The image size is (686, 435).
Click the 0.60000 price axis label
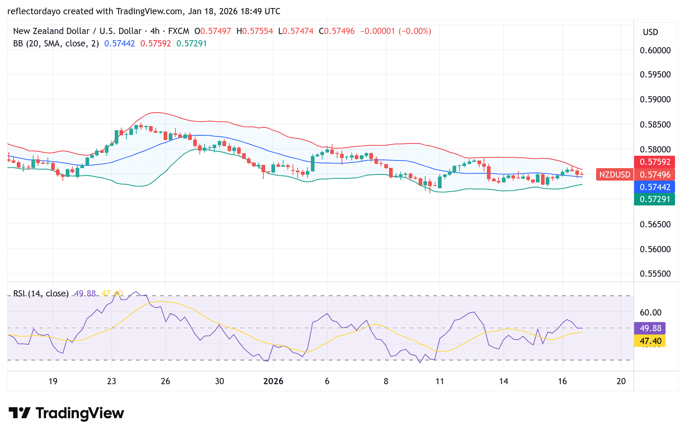pyautogui.click(x=655, y=50)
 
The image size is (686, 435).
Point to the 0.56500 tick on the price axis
pyautogui.click(x=655, y=224)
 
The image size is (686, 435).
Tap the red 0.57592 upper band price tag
pyautogui.click(x=655, y=162)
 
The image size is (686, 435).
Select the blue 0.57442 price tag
pyautogui.click(x=655, y=187)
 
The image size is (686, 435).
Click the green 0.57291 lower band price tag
pyautogui.click(x=655, y=199)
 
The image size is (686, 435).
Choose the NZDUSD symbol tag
pyautogui.click(x=614, y=175)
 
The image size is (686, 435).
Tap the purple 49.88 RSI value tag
pyautogui.click(x=650, y=328)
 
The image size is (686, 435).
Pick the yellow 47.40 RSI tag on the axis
pyautogui.click(x=650, y=341)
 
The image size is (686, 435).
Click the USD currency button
pyautogui.click(x=650, y=32)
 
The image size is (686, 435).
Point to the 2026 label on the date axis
pyautogui.click(x=273, y=381)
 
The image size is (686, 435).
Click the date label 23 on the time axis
pyautogui.click(x=111, y=381)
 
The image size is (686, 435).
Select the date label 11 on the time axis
pyautogui.click(x=439, y=381)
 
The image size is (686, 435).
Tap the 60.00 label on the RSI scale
pyautogui.click(x=651, y=313)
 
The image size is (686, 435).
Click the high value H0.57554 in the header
pyautogui.click(x=255, y=31)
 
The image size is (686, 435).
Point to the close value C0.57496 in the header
pyautogui.click(x=336, y=31)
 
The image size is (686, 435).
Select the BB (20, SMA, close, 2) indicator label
pyautogui.click(x=56, y=43)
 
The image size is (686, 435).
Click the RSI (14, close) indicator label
pyautogui.click(x=41, y=294)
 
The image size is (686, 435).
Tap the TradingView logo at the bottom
pyautogui.click(x=66, y=413)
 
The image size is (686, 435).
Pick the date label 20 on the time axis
pyautogui.click(x=621, y=381)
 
